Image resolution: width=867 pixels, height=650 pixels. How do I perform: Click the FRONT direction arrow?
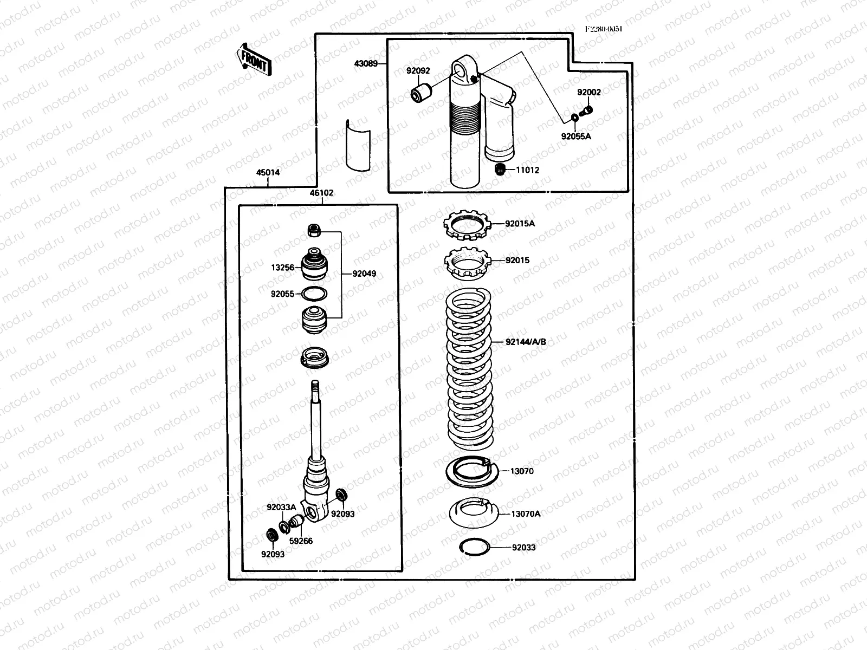pos(254,58)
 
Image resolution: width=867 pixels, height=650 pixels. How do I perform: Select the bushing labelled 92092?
pos(420,93)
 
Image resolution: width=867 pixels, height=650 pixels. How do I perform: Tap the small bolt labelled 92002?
pos(586,110)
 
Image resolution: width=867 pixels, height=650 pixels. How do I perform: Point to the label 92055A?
pos(576,136)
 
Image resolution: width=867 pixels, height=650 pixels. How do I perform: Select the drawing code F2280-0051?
pos(603,29)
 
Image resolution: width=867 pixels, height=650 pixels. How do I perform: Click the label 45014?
pos(268,173)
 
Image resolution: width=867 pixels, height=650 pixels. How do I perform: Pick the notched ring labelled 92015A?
pos(467,225)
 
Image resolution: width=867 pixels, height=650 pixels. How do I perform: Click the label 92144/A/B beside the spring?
pos(526,342)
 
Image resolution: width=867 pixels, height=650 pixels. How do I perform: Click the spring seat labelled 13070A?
pos(473,512)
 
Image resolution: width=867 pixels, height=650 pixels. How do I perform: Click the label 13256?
pos(283,268)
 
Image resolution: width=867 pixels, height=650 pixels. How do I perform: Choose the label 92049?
pos(364,274)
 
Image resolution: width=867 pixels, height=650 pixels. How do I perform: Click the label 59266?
pos(301,541)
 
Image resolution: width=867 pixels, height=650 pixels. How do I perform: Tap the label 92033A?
pos(281,508)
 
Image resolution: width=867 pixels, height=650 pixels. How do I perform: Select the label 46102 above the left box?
pos(321,193)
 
